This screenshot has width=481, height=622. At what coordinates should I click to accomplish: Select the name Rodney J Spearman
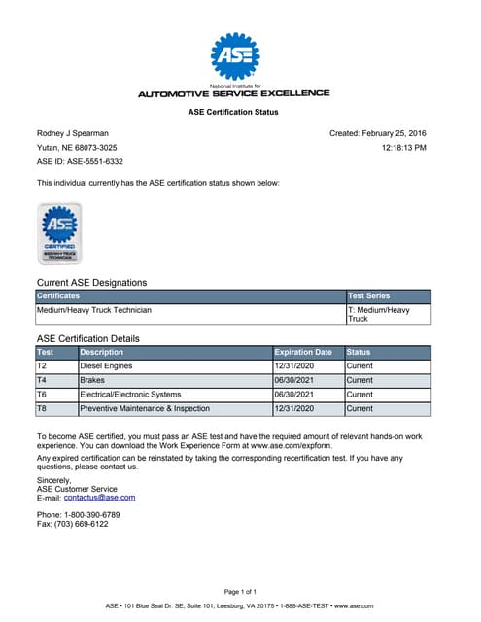pyautogui.click(x=74, y=133)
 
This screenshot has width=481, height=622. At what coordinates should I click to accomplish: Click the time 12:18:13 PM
pyautogui.click(x=403, y=148)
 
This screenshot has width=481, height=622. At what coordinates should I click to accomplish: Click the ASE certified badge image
pyautogui.click(x=59, y=232)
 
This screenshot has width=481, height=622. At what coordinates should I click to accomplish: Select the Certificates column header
pyautogui.click(x=58, y=295)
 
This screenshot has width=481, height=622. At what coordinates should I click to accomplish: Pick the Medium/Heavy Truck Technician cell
pyautogui.click(x=94, y=311)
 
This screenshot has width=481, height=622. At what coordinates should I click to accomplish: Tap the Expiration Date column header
pyautogui.click(x=303, y=352)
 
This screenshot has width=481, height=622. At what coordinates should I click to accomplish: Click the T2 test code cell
pyautogui.click(x=42, y=366)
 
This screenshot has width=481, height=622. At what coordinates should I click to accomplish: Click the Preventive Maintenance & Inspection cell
pyautogui.click(x=145, y=409)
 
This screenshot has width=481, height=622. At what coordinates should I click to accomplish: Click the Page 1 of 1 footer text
pyautogui.click(x=240, y=591)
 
